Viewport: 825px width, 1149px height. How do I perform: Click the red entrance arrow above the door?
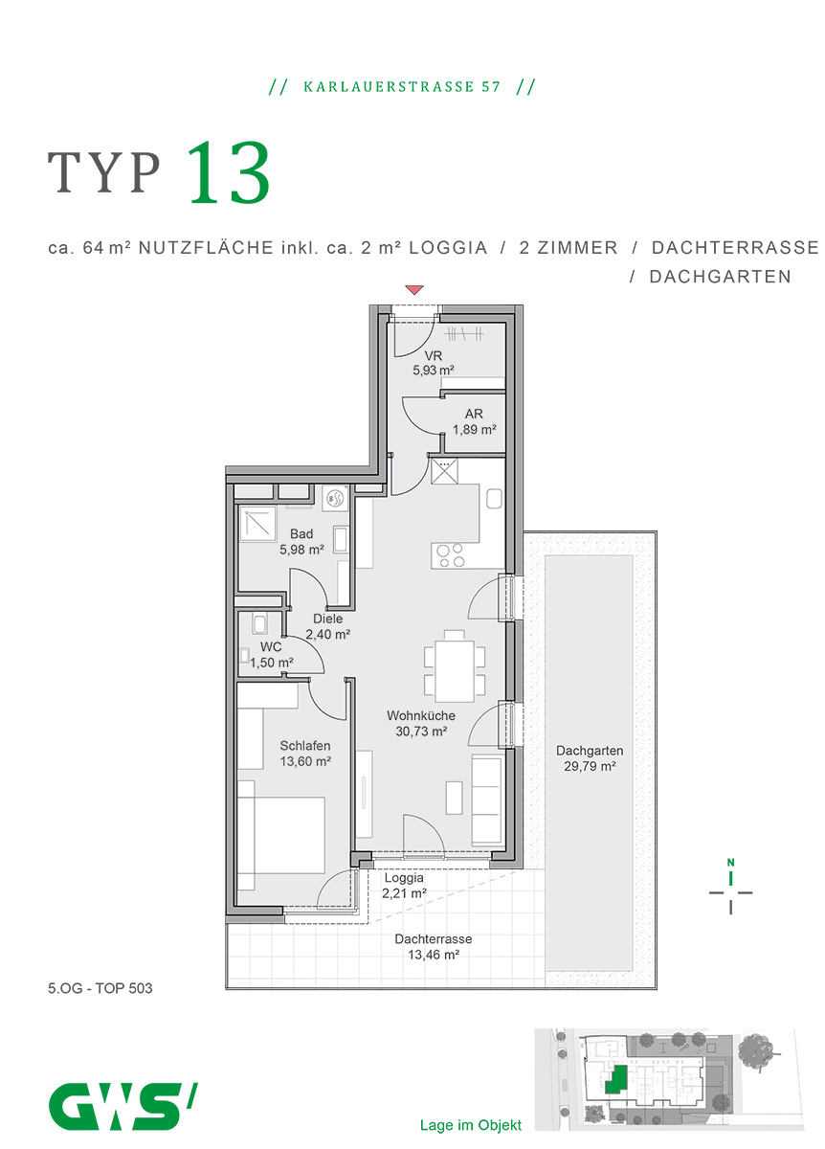pyautogui.click(x=413, y=289)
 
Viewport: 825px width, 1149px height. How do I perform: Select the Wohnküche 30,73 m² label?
pyautogui.click(x=421, y=724)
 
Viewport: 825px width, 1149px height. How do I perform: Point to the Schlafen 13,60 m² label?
pyautogui.click(x=305, y=754)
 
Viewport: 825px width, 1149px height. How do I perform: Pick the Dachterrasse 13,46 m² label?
pyautogui.click(x=433, y=947)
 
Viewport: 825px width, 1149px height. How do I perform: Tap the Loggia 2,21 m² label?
pyautogui.click(x=404, y=886)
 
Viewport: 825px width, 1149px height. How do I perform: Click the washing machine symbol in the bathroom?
pyautogui.click(x=334, y=498)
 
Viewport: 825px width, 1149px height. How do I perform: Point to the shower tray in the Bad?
pyautogui.click(x=258, y=524)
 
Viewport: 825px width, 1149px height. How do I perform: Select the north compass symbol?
pyautogui.click(x=730, y=890)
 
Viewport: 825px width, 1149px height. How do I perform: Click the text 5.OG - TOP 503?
pyautogui.click(x=100, y=988)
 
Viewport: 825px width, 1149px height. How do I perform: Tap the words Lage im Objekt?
pyautogui.click(x=470, y=1125)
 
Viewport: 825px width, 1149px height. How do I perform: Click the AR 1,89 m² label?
pyautogui.click(x=474, y=422)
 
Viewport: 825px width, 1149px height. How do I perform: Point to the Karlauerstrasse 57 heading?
pyautogui.click(x=402, y=87)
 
